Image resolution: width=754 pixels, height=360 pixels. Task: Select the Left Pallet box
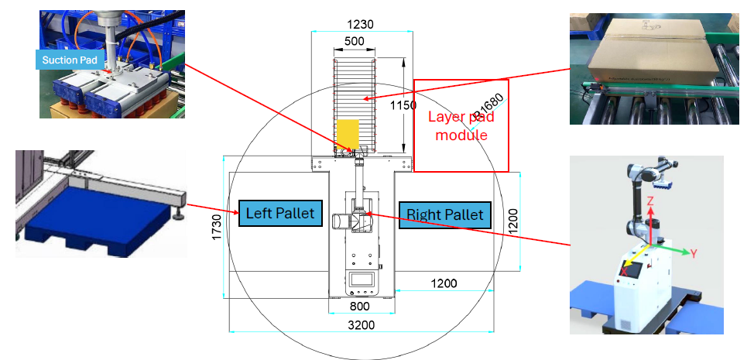pyautogui.click(x=280, y=213)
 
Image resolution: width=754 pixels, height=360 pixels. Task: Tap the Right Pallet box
pyautogui.click(x=444, y=214)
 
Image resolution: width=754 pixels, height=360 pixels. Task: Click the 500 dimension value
pyautogui.click(x=355, y=42)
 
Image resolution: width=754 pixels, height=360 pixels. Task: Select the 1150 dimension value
pyautogui.click(x=403, y=105)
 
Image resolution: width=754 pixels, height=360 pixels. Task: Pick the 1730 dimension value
pyautogui.click(x=218, y=228)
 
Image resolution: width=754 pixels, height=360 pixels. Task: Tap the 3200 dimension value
pyautogui.click(x=360, y=324)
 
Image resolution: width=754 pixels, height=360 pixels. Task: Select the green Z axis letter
pyautogui.click(x=651, y=201)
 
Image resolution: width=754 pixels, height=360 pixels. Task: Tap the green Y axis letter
pyautogui.click(x=694, y=252)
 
